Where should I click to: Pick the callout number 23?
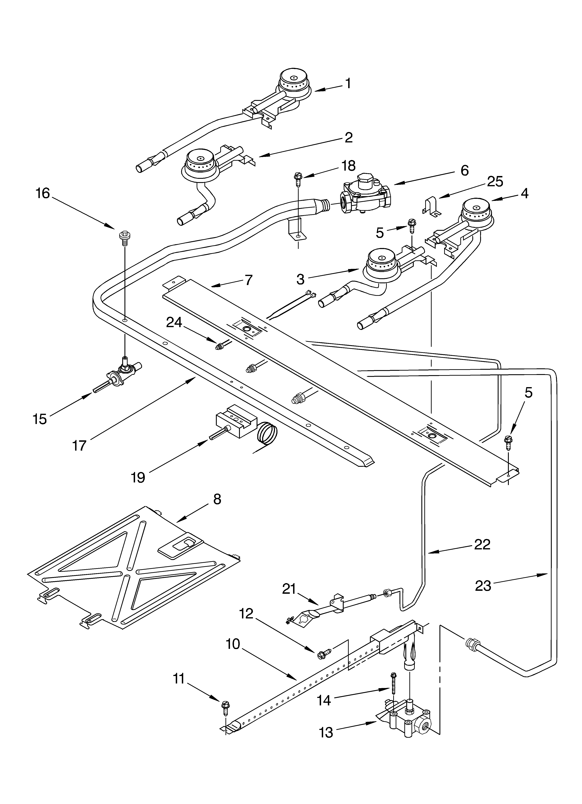pos(483,586)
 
